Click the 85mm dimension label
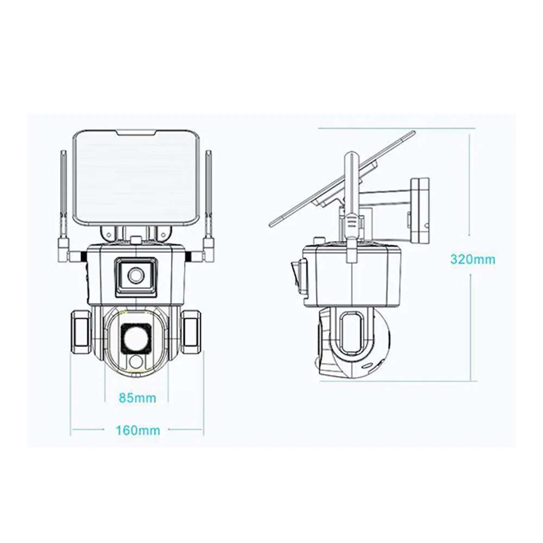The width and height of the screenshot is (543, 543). [137, 398]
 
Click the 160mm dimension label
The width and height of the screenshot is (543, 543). [138, 430]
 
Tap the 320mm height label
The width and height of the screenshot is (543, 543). [473, 260]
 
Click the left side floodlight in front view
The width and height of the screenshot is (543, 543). [81, 331]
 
